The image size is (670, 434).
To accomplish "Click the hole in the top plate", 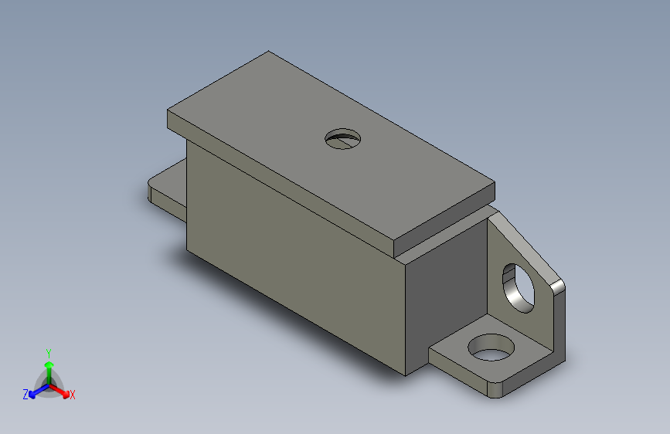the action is (342, 139).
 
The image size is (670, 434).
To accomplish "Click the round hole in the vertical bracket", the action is (519, 288).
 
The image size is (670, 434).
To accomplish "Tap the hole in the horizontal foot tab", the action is (491, 348).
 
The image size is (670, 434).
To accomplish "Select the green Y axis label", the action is (49, 354).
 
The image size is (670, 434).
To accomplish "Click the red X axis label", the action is (72, 395).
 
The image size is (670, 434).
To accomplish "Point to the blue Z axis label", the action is (26, 395).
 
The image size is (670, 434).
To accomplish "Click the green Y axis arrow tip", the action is (49, 364).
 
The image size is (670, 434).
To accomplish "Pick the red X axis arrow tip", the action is (66, 394).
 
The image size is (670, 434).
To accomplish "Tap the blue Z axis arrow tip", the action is (32, 395).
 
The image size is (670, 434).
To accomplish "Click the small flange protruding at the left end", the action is (168, 190).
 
